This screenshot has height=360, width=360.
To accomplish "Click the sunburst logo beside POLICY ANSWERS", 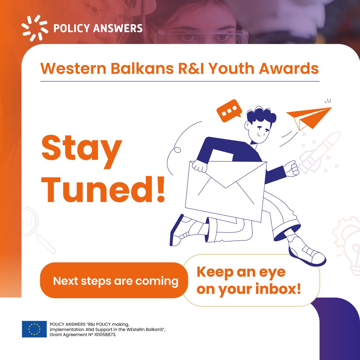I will pos(34,28).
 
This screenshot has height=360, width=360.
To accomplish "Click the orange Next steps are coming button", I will pos(115,281).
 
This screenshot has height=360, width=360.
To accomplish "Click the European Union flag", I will pos(34,329).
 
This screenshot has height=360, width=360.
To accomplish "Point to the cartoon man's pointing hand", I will pos(291,168).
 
